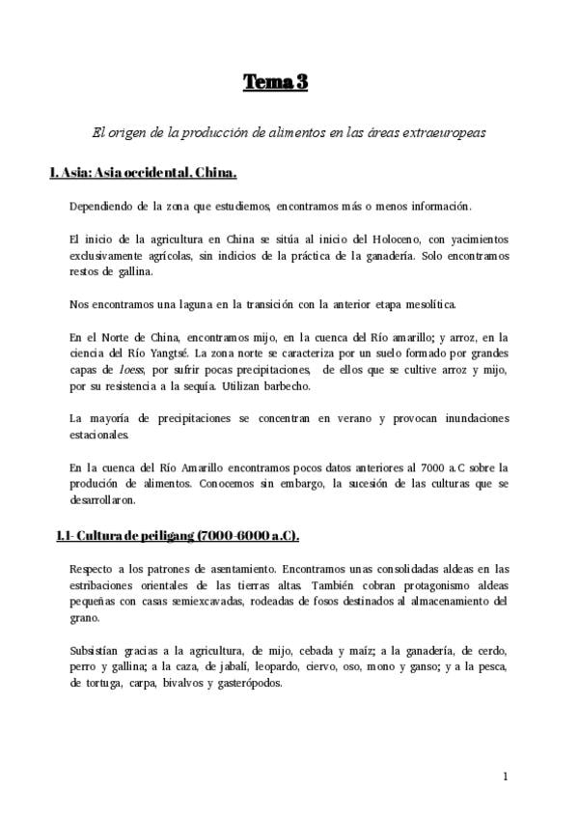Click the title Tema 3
click(275, 83)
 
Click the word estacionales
click(100, 436)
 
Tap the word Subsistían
click(97, 649)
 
